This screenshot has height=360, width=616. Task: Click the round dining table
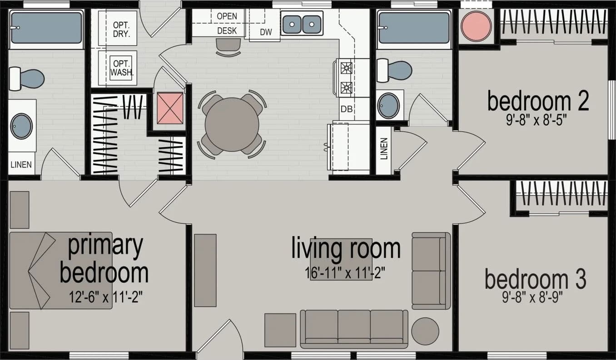[232, 124]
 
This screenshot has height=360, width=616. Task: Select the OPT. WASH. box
[121, 68]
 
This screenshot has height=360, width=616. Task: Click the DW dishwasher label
[266, 32]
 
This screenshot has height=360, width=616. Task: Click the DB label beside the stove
[347, 109]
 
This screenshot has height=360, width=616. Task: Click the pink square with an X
[170, 108]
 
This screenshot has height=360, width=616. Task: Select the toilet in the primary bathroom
[27, 78]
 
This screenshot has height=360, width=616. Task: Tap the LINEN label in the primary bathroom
[21, 164]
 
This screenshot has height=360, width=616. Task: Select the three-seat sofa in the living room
[354, 328]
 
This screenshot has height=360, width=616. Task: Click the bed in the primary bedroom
[60, 271]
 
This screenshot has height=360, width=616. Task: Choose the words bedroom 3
[535, 280]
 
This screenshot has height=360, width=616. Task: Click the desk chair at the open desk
[228, 47]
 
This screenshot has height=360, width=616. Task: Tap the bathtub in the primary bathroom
[46, 28]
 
